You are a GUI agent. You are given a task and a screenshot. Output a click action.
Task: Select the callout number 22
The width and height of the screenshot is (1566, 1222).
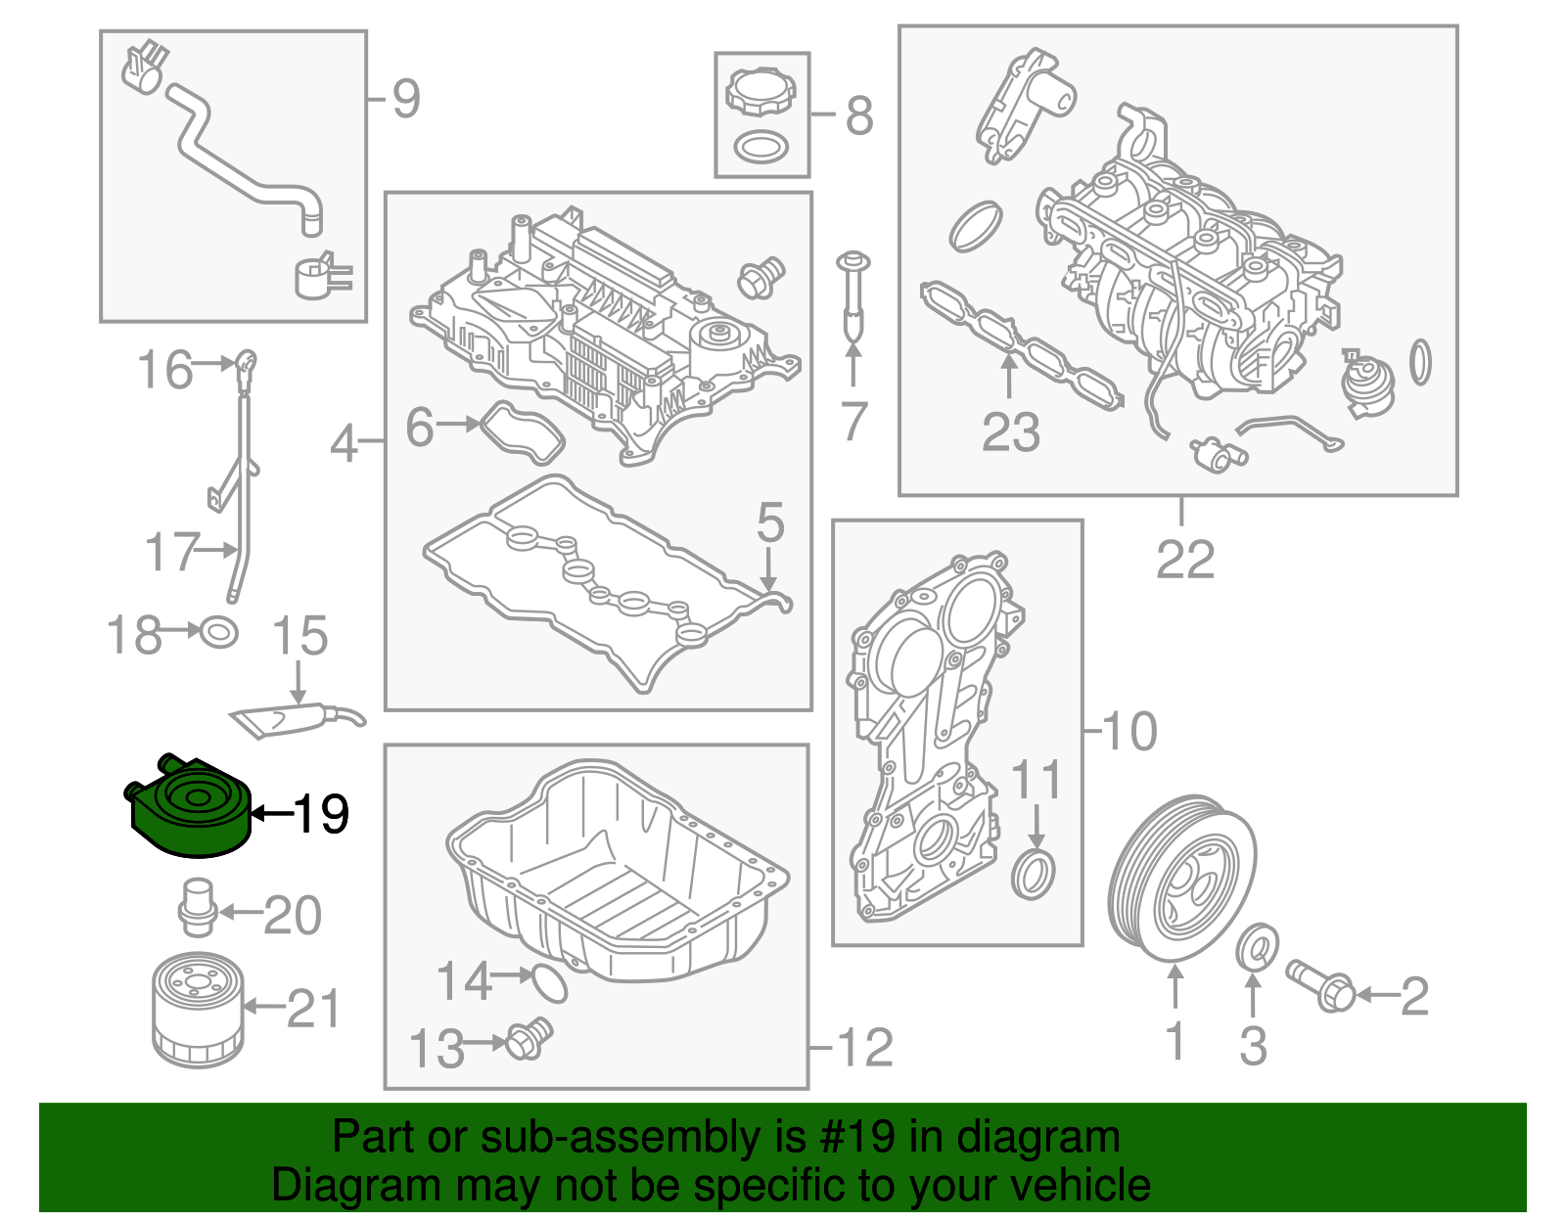1184,560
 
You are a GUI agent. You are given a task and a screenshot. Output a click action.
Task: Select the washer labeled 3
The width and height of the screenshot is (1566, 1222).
1256,946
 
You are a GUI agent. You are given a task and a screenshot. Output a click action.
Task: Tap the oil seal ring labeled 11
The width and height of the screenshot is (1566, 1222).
1034,874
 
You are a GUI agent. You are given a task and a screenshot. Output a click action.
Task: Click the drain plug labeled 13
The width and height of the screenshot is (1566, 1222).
530,1039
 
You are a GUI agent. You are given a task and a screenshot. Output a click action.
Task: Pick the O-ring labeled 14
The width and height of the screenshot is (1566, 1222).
550,983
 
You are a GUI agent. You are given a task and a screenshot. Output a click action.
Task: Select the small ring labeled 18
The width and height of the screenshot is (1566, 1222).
218,632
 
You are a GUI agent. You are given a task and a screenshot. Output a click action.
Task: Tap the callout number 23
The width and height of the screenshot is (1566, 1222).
1010,431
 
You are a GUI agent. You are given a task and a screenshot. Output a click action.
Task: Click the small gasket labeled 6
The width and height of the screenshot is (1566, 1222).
524,433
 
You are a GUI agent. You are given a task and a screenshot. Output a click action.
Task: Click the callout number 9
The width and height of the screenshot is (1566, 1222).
405,99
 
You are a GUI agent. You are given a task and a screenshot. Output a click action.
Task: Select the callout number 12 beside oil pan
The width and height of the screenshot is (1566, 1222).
864,1048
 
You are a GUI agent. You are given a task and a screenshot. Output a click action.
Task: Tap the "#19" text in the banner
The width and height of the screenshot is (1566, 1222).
851,1137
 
